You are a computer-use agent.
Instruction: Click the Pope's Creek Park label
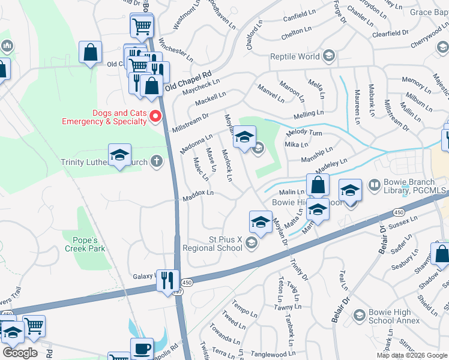(x=85, y=244)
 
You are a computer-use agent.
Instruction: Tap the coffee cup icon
(x=142, y=348)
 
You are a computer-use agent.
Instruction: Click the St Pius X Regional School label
(x=225, y=243)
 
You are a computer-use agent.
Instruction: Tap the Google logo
(x=20, y=352)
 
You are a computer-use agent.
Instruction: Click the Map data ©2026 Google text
(x=412, y=355)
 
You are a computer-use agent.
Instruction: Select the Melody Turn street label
(x=304, y=133)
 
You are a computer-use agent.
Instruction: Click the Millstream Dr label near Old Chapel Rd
(x=190, y=122)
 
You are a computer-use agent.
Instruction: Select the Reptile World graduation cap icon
(x=328, y=56)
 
